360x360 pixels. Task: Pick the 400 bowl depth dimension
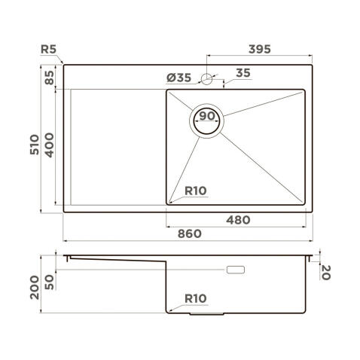click(50, 143)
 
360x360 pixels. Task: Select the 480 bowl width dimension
click(237, 220)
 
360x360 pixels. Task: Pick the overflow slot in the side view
click(237, 269)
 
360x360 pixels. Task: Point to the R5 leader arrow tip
click(63, 65)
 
